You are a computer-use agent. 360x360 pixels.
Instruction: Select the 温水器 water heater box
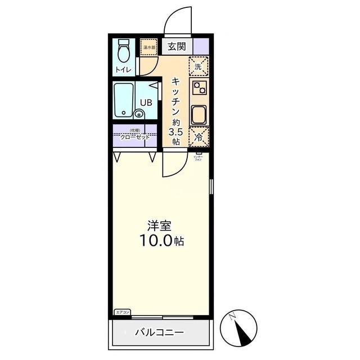(148, 47)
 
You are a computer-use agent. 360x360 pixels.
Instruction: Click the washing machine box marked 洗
(199, 66)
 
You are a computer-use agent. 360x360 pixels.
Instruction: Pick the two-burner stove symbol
(200, 87)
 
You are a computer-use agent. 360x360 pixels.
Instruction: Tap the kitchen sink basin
(200, 115)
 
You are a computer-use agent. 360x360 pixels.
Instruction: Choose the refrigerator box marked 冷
(199, 136)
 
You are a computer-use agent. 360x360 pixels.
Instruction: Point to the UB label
(146, 102)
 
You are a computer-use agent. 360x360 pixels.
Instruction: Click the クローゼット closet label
(134, 137)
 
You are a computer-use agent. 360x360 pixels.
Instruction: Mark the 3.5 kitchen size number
(175, 133)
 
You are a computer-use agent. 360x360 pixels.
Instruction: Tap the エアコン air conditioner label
(122, 312)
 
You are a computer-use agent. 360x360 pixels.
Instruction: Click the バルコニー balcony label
(159, 332)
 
